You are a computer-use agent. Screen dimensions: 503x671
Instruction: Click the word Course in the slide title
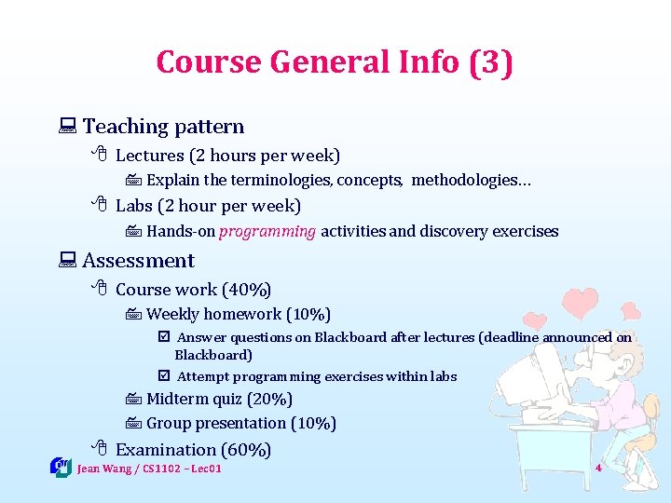point(210,62)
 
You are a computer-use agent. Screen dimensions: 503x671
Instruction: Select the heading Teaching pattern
point(163,127)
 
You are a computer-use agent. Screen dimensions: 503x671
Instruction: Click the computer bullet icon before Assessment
point(66,261)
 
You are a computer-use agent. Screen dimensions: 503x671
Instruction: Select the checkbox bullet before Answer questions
point(164,338)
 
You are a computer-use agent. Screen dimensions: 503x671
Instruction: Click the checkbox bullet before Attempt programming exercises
point(164,376)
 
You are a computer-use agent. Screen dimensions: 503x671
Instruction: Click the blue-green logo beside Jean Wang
point(61,467)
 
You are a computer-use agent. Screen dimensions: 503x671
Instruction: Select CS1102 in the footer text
point(164,469)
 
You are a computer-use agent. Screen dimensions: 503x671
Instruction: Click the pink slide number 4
point(598,468)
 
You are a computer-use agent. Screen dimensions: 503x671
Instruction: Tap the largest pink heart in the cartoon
point(582,303)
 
